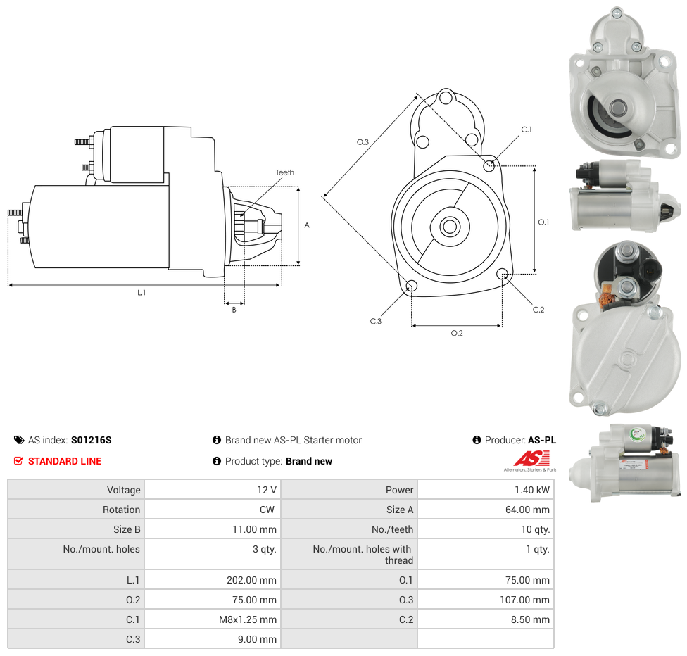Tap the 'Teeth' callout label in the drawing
[x=285, y=172]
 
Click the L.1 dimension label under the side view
[x=141, y=292]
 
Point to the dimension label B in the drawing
[x=234, y=310]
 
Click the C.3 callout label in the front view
[x=376, y=321]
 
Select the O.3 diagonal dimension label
[x=363, y=142]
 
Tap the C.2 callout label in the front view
[x=538, y=310]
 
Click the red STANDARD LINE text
[x=65, y=461]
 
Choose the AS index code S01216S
[x=92, y=440]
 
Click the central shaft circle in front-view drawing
[x=450, y=227]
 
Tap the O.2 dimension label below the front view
[x=457, y=333]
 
